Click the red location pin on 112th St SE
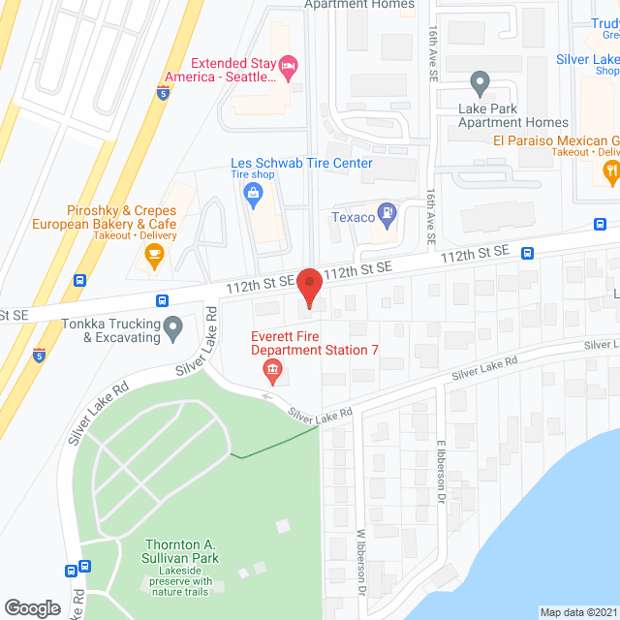tap(308, 288)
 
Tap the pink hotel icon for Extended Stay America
tap(287, 67)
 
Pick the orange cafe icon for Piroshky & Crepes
tap(152, 254)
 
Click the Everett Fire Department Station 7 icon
tap(271, 369)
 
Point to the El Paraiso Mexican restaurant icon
tap(611, 172)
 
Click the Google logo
tap(32, 607)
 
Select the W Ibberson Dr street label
tap(363, 562)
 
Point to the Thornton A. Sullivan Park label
tap(182, 551)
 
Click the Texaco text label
tap(353, 217)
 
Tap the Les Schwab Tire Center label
tap(301, 164)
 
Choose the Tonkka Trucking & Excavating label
tap(108, 331)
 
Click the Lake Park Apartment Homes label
tap(513, 115)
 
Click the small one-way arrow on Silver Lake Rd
tap(268, 395)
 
